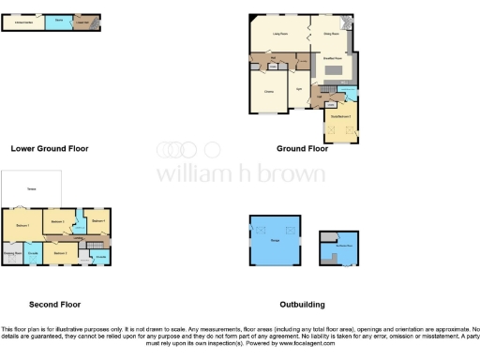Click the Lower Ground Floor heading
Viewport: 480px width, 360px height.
50,148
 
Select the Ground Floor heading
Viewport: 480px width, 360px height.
302,148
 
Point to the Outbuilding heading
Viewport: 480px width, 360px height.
302,305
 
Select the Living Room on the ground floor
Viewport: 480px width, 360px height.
278,33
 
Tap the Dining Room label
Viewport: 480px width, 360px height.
329,33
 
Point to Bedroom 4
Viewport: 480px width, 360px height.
97,220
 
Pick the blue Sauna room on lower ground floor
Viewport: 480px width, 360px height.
58,21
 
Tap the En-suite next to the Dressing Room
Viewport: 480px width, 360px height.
34,254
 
